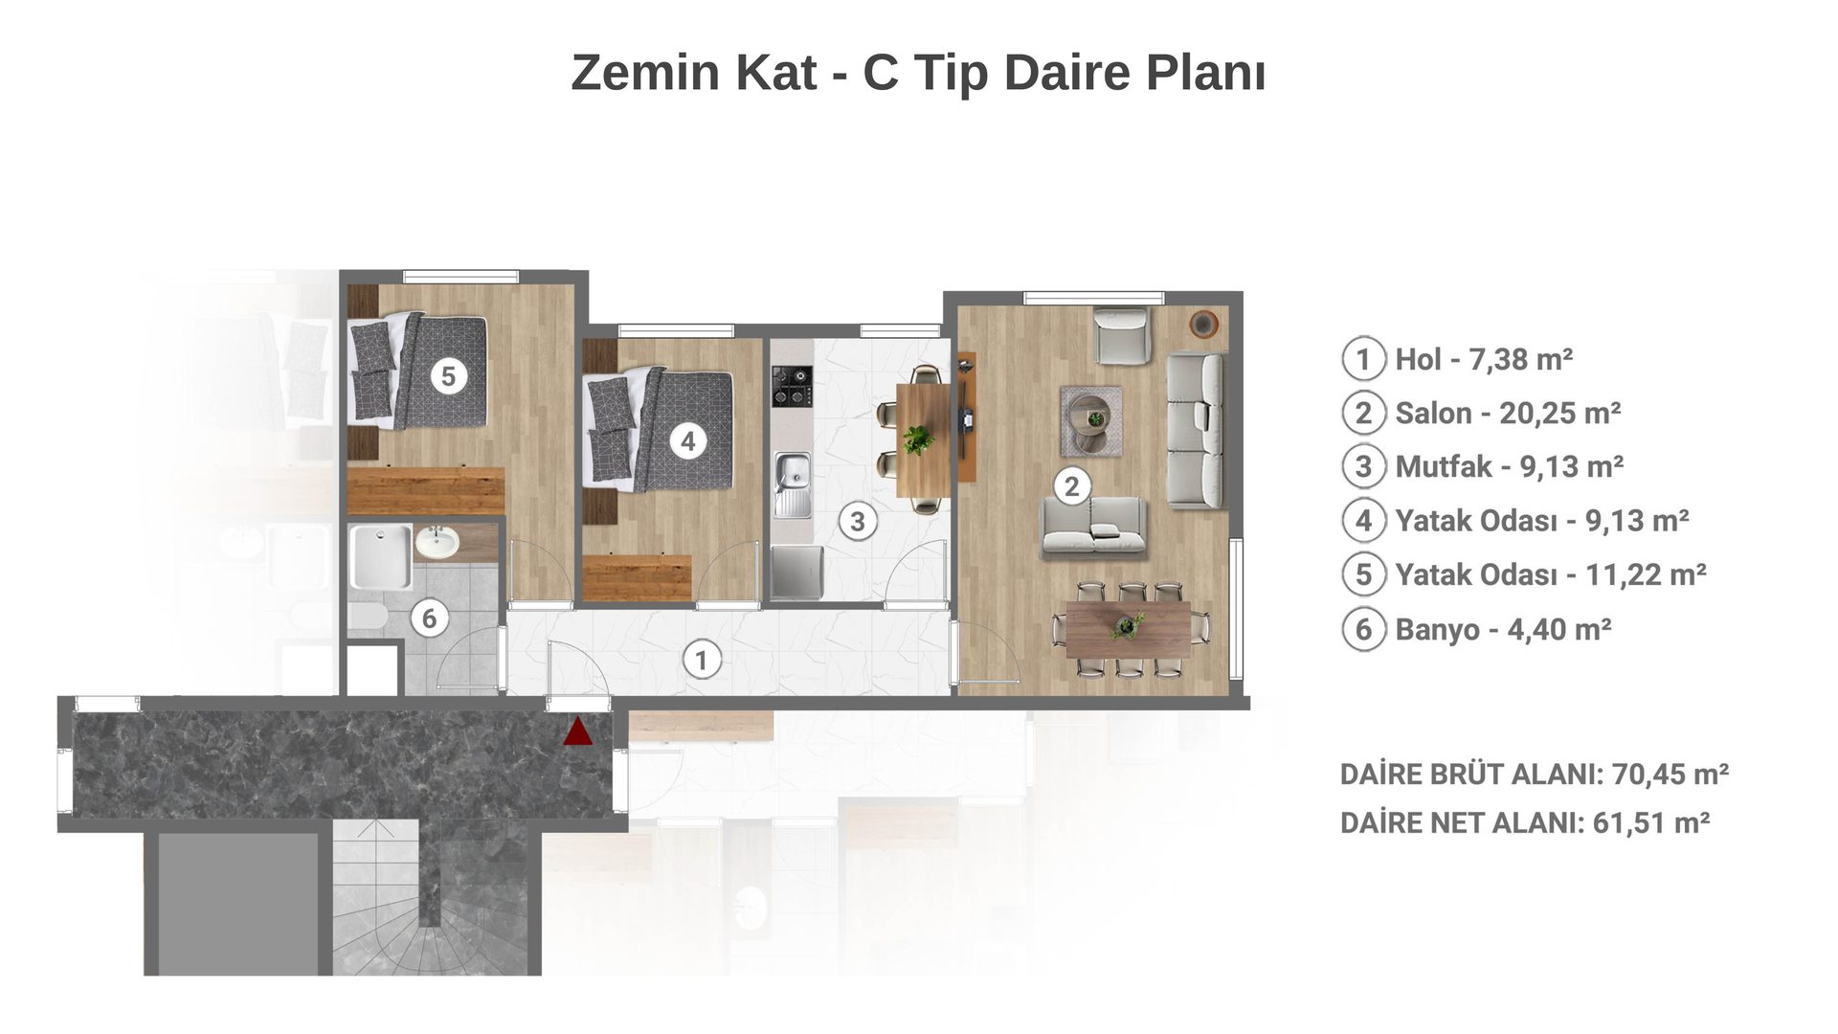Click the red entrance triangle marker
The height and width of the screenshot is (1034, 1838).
(577, 732)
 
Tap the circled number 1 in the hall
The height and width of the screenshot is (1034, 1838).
(702, 660)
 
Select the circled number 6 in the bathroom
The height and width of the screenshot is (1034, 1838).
(429, 618)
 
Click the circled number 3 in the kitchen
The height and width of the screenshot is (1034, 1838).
(858, 522)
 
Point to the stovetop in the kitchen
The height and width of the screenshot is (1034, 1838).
(792, 385)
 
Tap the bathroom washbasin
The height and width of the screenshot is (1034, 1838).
(437, 542)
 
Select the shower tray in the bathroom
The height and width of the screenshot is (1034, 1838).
(380, 556)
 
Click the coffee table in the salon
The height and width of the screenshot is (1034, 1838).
(1090, 421)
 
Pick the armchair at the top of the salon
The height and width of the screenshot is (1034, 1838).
(1121, 335)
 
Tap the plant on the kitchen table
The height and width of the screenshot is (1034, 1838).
(917, 439)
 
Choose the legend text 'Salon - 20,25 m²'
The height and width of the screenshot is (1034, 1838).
(1508, 414)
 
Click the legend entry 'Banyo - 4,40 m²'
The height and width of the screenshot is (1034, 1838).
(1503, 630)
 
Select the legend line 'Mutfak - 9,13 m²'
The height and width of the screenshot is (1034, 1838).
(1510, 467)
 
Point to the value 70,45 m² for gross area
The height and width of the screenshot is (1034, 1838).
(1670, 774)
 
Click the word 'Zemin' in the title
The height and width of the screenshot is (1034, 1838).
(646, 72)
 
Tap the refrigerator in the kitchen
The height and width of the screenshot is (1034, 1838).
(797, 572)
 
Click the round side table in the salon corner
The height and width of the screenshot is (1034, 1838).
(1203, 324)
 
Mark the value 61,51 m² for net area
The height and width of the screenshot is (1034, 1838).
(1651, 822)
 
